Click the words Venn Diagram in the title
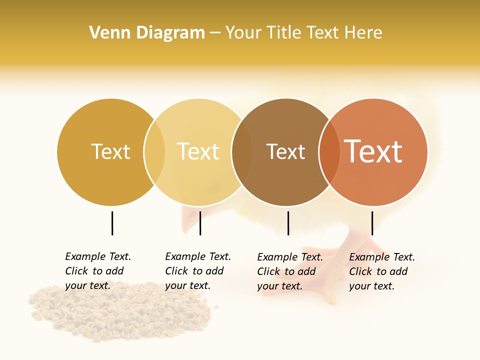(147, 33)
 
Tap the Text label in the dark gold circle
(110, 151)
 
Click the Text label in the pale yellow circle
(198, 151)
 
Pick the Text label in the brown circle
(285, 151)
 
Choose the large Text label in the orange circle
(373, 151)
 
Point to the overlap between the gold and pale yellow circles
(154, 152)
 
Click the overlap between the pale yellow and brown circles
(242, 152)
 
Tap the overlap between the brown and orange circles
(329, 152)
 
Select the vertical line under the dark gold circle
(112, 223)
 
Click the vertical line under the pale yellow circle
(200, 223)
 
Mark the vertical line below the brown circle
(288, 223)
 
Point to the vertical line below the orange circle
(372, 223)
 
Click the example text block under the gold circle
(98, 271)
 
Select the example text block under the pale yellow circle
(198, 271)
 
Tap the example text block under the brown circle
(290, 271)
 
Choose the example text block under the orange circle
(382, 271)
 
